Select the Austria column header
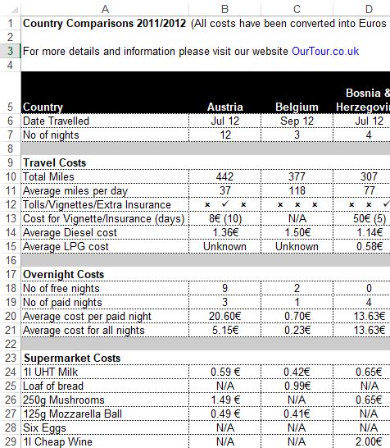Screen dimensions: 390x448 pyautogui.click(x=225, y=107)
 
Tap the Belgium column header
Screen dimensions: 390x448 pyautogui.click(x=297, y=107)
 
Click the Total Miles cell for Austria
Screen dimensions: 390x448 pyautogui.click(x=225, y=176)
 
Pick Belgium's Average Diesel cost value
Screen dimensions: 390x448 pyautogui.click(x=297, y=232)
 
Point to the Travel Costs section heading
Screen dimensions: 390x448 pyautogui.click(x=55, y=162)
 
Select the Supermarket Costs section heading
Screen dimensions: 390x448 pyautogui.click(x=72, y=358)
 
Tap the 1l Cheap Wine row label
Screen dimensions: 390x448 pyautogui.click(x=59, y=441)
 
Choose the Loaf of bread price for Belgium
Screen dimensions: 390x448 pyautogui.click(x=297, y=386)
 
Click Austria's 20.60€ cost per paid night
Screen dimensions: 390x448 pyautogui.click(x=225, y=316)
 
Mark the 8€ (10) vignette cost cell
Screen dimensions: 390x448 pyautogui.click(x=225, y=218)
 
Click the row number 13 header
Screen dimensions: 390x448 pyautogui.click(x=9, y=218)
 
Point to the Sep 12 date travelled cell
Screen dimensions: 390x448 pyautogui.click(x=297, y=121)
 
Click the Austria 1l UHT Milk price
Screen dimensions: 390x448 pyautogui.click(x=225, y=372)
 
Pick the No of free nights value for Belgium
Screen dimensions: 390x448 pyautogui.click(x=297, y=288)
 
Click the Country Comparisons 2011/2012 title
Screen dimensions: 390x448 pyautogui.click(x=104, y=23)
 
